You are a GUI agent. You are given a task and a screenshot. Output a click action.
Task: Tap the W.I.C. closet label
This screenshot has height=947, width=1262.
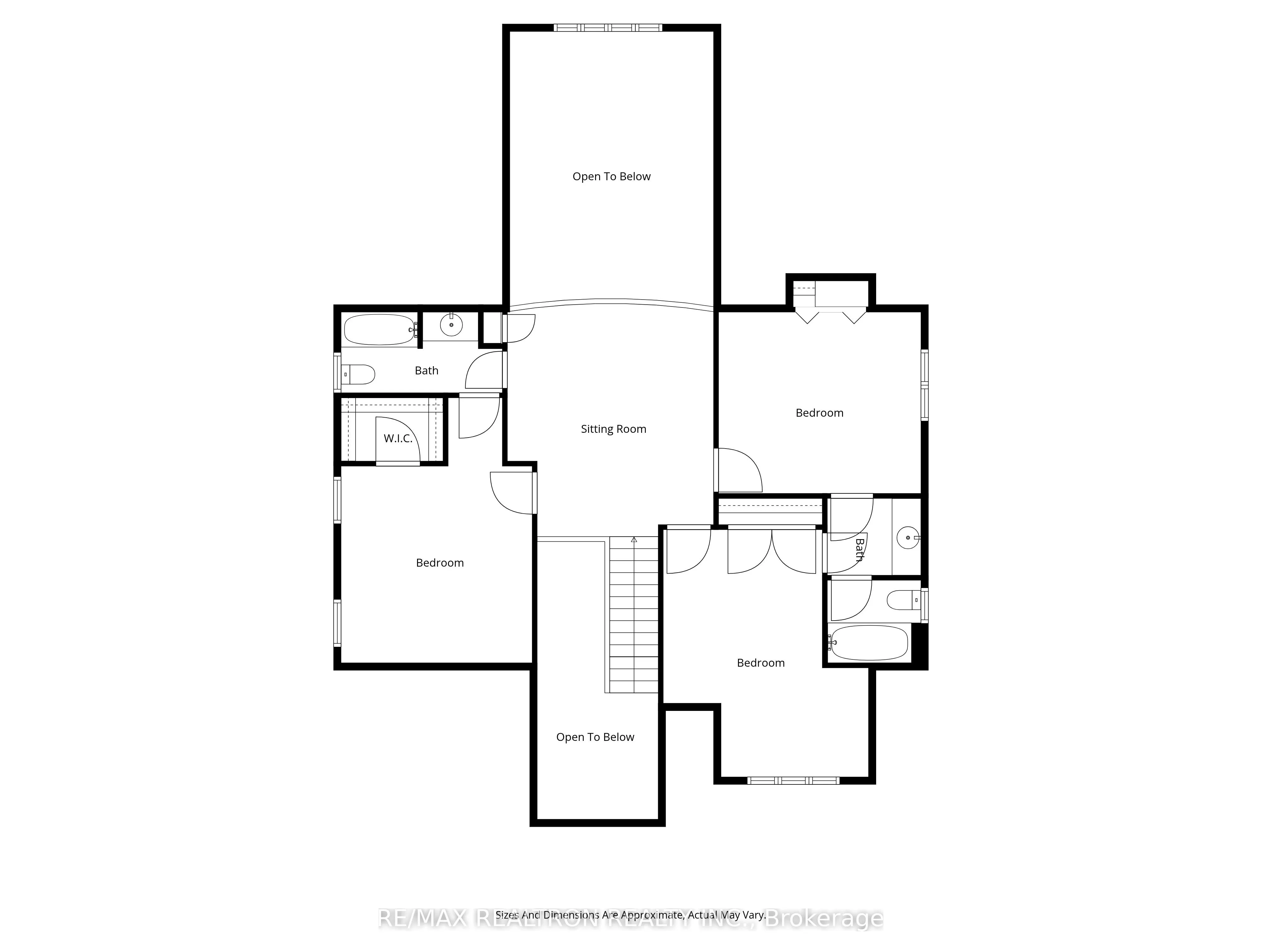[398, 438]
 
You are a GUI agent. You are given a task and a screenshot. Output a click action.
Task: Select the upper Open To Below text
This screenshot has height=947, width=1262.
[611, 176]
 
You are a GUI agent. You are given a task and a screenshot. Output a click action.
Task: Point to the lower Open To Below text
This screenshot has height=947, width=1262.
[595, 737]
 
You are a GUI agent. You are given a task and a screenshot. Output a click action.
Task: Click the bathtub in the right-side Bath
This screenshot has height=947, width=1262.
[868, 643]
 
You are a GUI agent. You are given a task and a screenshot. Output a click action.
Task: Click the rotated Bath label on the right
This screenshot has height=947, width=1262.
[859, 549]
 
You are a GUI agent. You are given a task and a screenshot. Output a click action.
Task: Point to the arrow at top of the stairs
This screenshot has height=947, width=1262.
[634, 539]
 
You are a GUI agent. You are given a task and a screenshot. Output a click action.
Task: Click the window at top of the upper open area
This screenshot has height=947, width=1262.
[608, 27]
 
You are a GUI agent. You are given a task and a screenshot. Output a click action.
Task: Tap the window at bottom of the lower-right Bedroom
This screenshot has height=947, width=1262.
[793, 780]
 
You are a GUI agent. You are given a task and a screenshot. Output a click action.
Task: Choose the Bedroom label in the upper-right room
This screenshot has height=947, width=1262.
[819, 413]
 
